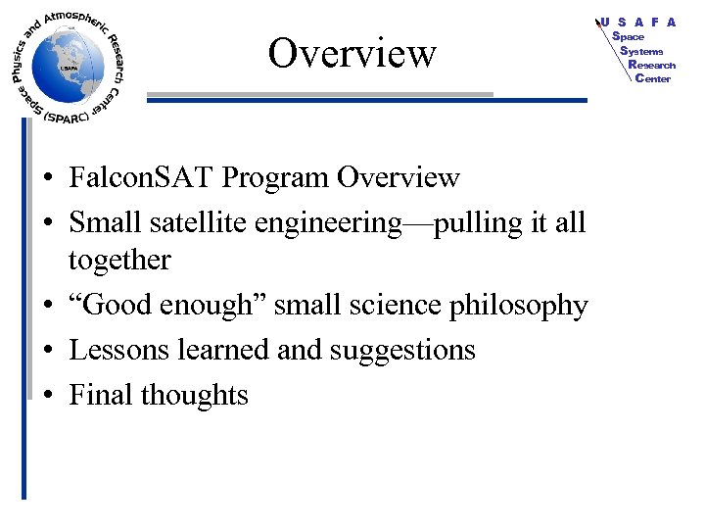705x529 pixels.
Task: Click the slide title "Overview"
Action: tap(352, 52)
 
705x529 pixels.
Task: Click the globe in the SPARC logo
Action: tap(66, 65)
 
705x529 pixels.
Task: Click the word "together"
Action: tap(119, 261)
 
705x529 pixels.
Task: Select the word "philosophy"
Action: tap(518, 306)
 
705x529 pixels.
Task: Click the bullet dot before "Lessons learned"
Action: tap(47, 351)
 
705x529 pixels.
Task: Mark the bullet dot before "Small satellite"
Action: tap(47, 224)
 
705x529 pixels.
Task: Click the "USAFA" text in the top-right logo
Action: tap(637, 22)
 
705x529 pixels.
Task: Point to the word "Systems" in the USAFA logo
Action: tap(641, 51)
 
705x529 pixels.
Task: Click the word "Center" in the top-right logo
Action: tap(653, 78)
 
